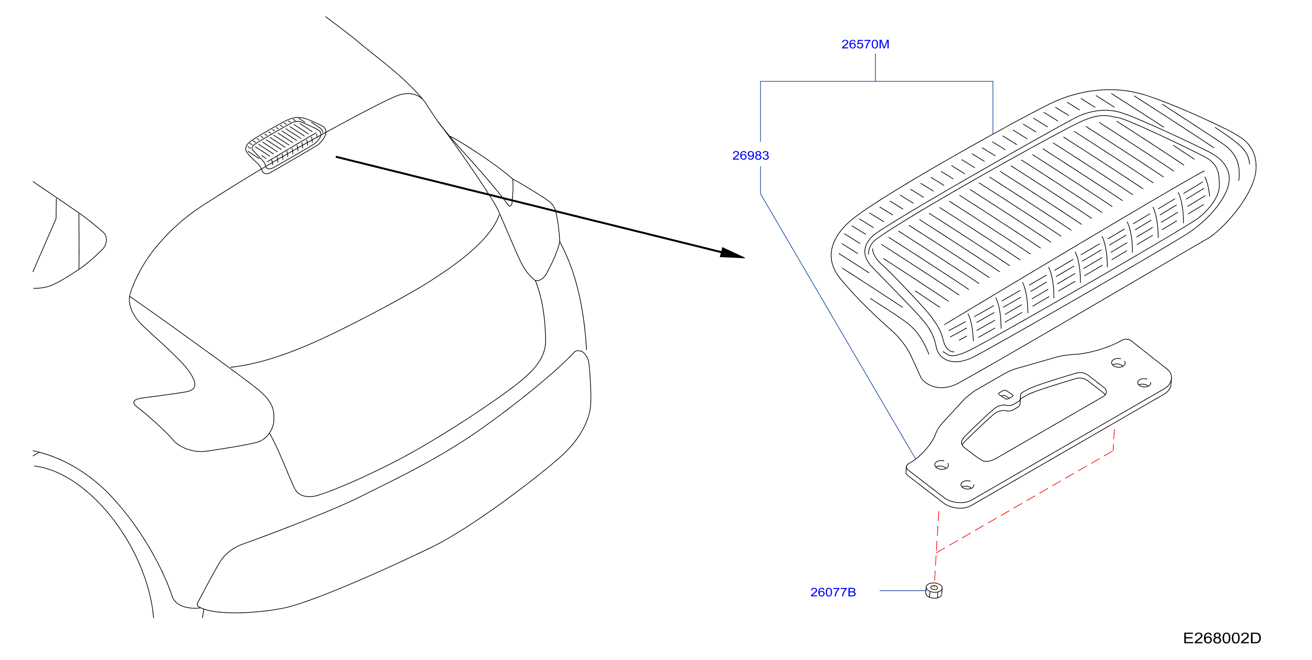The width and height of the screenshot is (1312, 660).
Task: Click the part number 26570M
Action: point(865,44)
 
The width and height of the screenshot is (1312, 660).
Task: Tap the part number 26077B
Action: point(833,592)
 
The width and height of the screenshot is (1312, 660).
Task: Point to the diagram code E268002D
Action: point(1222,638)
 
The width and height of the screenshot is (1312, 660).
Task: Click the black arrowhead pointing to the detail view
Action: point(732,254)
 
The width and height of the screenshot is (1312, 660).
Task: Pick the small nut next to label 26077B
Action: point(934,590)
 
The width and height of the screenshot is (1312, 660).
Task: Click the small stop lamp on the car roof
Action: point(285,144)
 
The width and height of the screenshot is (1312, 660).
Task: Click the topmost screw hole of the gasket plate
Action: point(1118,363)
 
